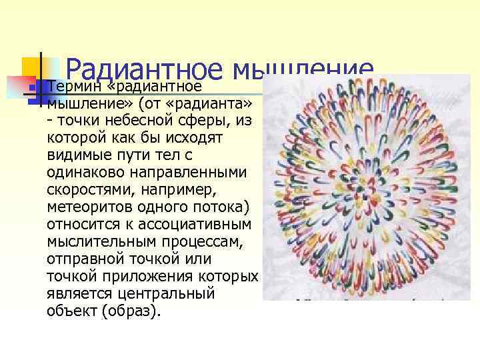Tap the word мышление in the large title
point(303,70)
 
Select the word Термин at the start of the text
point(73,87)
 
